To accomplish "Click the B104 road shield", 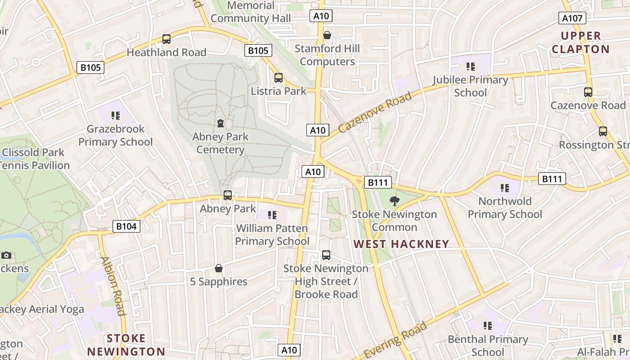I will (126, 226).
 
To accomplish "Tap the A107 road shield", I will (572, 18).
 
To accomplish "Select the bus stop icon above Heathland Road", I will (166, 39).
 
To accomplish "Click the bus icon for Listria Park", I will (279, 78).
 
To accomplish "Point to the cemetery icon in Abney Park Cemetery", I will (220, 123).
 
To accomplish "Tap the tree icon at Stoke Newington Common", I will (395, 201).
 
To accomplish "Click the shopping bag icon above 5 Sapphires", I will (219, 268).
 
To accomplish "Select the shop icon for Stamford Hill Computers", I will (327, 35).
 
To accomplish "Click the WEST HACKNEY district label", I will (401, 244).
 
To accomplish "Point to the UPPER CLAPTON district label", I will (580, 42).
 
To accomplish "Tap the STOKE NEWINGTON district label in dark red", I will (126, 345).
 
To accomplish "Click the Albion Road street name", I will (113, 286).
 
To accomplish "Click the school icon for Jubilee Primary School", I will (471, 67).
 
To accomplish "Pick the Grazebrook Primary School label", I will (116, 135).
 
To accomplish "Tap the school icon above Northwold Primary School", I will (505, 188).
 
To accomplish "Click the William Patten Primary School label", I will (272, 234).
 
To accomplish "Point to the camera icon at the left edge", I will (6, 255).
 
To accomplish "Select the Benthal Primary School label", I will (488, 345).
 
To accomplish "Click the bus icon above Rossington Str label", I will (603, 131).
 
